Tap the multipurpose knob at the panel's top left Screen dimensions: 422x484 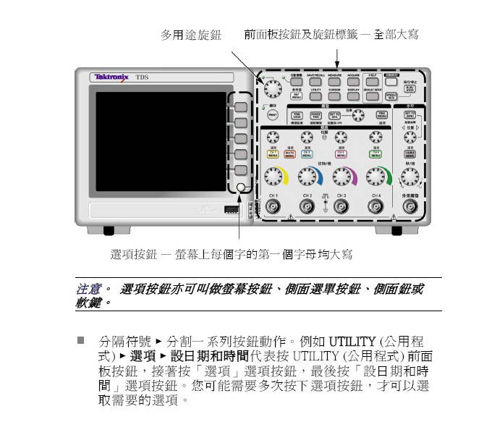(273, 88)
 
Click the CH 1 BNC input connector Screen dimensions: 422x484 (273, 207)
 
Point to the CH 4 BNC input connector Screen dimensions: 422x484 (375, 207)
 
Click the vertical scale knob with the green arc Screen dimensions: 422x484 (375, 176)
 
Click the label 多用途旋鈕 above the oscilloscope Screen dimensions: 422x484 (191, 35)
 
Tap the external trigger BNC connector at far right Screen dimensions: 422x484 (410, 207)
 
